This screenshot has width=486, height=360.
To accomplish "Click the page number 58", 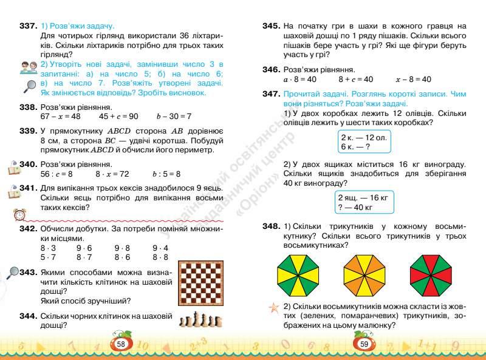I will point(121,344).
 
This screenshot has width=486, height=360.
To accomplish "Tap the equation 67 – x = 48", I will point(60,116).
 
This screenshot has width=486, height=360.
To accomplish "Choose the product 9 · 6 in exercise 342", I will point(84,248).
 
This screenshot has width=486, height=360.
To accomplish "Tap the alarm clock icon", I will point(21,215).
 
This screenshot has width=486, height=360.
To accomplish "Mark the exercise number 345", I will point(271,26).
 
